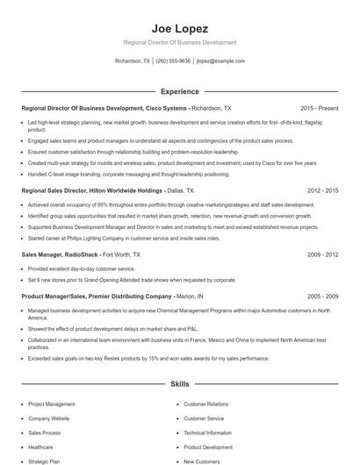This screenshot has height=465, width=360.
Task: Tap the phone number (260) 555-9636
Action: point(174,61)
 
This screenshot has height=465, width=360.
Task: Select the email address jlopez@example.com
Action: point(220,61)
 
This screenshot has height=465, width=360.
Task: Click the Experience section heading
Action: point(179,90)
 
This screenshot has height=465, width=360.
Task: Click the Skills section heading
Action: point(179,383)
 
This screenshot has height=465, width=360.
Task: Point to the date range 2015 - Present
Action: point(319,108)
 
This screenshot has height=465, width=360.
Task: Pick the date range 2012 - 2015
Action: point(322,190)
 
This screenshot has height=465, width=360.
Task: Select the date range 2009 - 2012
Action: point(322,254)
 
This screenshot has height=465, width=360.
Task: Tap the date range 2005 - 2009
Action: point(322,297)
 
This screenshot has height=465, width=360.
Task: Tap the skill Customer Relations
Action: point(204,404)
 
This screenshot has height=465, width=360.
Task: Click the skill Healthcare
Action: point(40,447)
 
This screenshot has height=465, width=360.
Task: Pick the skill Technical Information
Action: point(207,433)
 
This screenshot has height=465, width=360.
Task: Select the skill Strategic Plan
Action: point(44,461)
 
